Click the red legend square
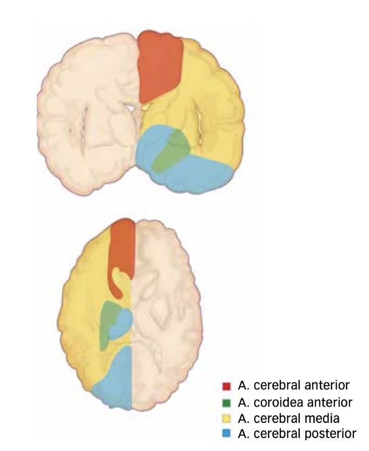[227, 386]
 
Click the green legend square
[227, 402]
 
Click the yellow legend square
[227, 418]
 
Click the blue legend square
[227, 434]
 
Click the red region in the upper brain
[161, 65]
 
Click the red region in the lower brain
[123, 249]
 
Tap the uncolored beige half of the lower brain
[168, 314]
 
